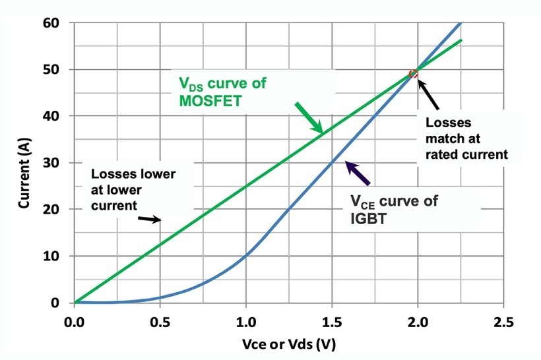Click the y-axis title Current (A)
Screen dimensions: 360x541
24,163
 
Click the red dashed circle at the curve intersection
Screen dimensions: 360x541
414,74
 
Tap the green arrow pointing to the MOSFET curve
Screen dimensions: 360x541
309,119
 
